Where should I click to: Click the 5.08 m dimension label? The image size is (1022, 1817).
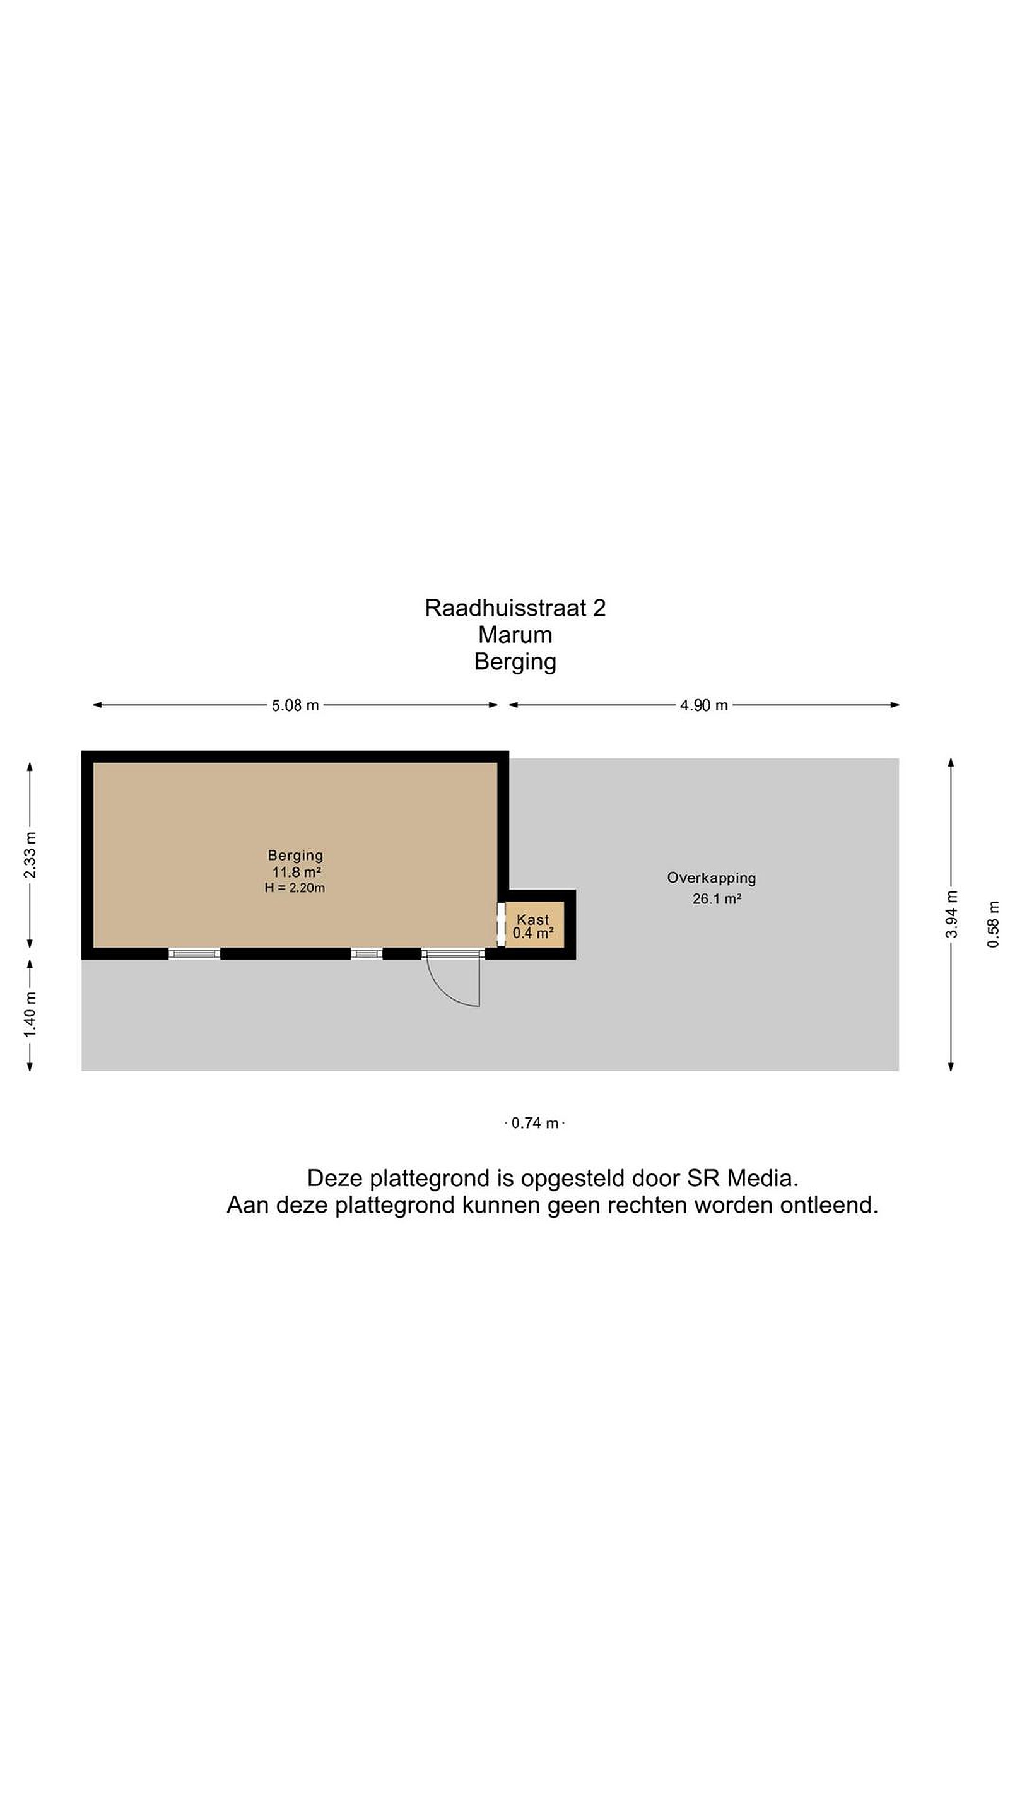[x=295, y=705]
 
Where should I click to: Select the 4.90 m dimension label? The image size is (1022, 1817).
[x=703, y=705]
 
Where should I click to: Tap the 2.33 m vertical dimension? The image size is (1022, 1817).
[x=30, y=855]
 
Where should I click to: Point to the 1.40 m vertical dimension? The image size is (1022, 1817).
[x=30, y=1014]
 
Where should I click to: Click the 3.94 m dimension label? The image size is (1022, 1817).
[x=951, y=914]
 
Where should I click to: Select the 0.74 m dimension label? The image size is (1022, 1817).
[x=534, y=1123]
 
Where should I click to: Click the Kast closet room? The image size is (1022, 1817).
[x=534, y=925]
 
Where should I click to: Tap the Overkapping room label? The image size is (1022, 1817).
[x=711, y=878]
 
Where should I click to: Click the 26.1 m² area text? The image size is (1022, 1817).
[x=716, y=898]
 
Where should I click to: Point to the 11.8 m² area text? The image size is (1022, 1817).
[x=297, y=872]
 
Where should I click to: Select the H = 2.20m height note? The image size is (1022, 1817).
[x=295, y=888]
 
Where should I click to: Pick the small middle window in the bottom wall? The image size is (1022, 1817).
[x=366, y=954]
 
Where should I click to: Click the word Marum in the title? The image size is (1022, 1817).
[x=515, y=635]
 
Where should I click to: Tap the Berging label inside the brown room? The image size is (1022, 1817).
[x=295, y=856]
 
